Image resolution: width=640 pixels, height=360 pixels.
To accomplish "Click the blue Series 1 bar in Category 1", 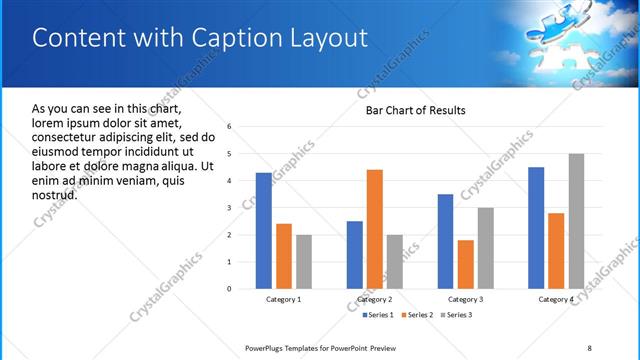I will click(263, 231).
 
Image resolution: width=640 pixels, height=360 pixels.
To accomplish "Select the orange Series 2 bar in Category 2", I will click(374, 229).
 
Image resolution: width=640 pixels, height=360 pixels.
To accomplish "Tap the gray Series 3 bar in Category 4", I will click(576, 221).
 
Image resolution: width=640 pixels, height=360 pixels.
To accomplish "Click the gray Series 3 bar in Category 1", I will click(303, 262).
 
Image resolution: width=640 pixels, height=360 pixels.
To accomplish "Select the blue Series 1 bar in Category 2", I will click(354, 255).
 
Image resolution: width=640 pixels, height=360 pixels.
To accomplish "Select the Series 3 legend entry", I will click(455, 315).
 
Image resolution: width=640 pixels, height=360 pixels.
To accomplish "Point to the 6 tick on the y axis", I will click(230, 127).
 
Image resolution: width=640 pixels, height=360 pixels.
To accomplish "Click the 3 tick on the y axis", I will click(230, 208).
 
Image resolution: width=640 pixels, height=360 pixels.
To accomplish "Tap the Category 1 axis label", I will click(283, 299).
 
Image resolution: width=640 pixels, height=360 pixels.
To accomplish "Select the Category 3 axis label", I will click(465, 299).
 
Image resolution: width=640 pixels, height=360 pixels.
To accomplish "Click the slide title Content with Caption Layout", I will click(200, 39).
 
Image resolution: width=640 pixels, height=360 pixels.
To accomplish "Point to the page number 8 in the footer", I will click(590, 348).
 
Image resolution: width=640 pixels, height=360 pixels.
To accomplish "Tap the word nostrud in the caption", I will click(55, 194).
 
